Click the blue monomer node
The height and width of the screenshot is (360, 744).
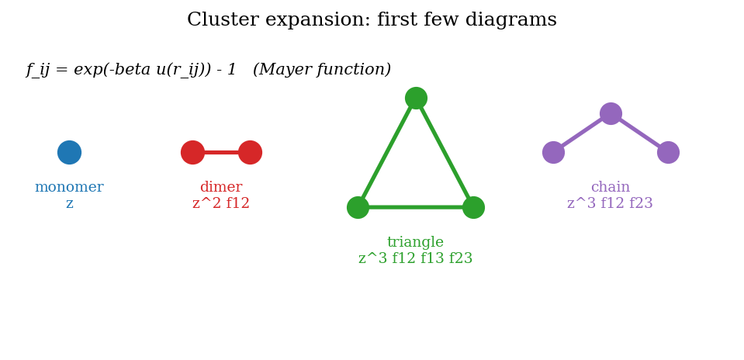pyautogui.click(x=69, y=152)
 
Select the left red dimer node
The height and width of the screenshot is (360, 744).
pyautogui.click(x=192, y=152)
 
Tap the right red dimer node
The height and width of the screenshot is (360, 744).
pyautogui.click(x=250, y=152)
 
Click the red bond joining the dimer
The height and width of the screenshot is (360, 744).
pyautogui.click(x=221, y=152)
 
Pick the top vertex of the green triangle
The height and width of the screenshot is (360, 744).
pyautogui.click(x=416, y=98)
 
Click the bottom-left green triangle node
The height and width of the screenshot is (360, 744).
pyautogui.click(x=358, y=207)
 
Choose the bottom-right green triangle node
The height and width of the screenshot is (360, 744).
pyautogui.click(x=473, y=207)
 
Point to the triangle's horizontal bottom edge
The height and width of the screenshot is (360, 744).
pyautogui.click(x=415, y=207)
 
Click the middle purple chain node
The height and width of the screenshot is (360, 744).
pyautogui.click(x=611, y=113)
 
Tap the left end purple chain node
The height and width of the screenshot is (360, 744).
pyautogui.click(x=553, y=152)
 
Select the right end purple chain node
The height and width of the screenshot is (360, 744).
pyautogui.click(x=668, y=152)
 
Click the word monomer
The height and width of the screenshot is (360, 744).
pyautogui.click(x=69, y=188)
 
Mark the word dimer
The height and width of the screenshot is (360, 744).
pyautogui.click(x=221, y=188)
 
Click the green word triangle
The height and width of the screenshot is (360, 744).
pyautogui.click(x=415, y=243)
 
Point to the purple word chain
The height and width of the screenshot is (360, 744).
pyautogui.click(x=611, y=188)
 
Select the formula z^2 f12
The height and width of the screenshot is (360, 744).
pyautogui.click(x=221, y=204)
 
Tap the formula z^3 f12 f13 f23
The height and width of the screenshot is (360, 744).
pyautogui.click(x=415, y=259)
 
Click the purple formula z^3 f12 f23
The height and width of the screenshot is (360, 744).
pyautogui.click(x=610, y=204)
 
